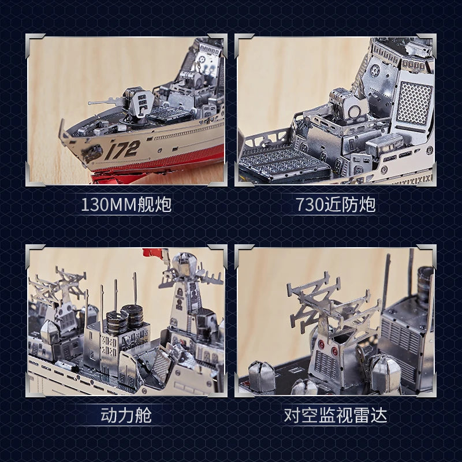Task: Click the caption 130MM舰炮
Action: tap(126, 204)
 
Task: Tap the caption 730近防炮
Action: tap(336, 204)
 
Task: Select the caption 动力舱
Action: tap(126, 415)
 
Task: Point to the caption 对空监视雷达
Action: tap(336, 415)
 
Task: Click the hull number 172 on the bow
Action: tap(122, 150)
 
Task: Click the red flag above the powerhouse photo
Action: tap(153, 253)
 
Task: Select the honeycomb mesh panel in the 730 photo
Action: tap(414, 103)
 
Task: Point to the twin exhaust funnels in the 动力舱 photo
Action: tap(125, 318)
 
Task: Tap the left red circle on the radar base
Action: tap(321, 344)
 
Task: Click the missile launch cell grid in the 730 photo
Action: tap(283, 162)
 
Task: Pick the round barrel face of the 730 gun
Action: tap(355, 111)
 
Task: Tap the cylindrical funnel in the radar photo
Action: tap(425, 283)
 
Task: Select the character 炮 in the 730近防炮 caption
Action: tap(368, 204)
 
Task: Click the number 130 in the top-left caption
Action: tap(94, 204)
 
